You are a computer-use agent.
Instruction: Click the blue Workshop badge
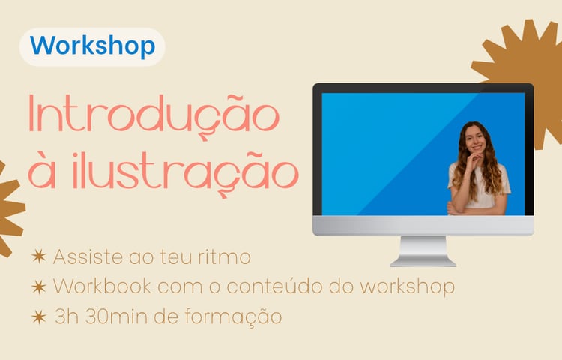click(x=92, y=47)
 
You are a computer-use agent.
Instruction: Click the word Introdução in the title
click(x=154, y=115)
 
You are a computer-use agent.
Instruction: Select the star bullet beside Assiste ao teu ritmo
click(x=39, y=256)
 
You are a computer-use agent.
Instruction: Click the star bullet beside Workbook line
click(x=39, y=286)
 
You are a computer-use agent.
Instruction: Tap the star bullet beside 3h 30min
click(x=39, y=317)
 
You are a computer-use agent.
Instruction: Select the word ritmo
click(x=224, y=256)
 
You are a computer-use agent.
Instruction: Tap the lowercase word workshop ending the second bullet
click(x=407, y=286)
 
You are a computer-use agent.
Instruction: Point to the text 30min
click(x=116, y=316)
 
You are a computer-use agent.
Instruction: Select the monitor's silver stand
click(x=423, y=251)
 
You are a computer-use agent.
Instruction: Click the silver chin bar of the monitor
click(x=423, y=226)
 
